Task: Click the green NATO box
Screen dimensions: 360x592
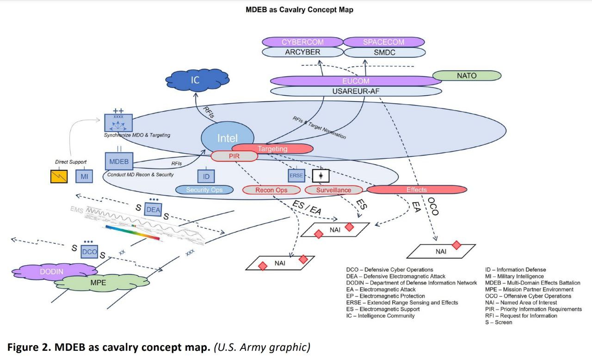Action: pos(467,75)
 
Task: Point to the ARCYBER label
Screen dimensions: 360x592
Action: pos(302,52)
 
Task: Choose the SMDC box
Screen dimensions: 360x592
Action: pos(384,52)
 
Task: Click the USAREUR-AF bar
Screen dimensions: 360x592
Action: pos(356,91)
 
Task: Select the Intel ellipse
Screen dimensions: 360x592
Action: pos(228,137)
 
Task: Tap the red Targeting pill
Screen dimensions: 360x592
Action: pos(272,149)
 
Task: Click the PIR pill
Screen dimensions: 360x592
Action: pos(234,156)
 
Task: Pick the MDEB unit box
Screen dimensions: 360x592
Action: pos(119,162)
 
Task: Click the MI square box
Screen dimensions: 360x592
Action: pos(84,176)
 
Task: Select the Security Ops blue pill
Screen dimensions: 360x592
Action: pos(204,190)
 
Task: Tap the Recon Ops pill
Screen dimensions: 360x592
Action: pos(271,190)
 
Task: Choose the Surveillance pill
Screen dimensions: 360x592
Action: pos(334,190)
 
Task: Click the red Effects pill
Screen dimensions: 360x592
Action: pos(417,189)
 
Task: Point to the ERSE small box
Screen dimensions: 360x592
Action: pos(296,176)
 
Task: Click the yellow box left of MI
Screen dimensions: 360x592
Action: pos(59,176)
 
